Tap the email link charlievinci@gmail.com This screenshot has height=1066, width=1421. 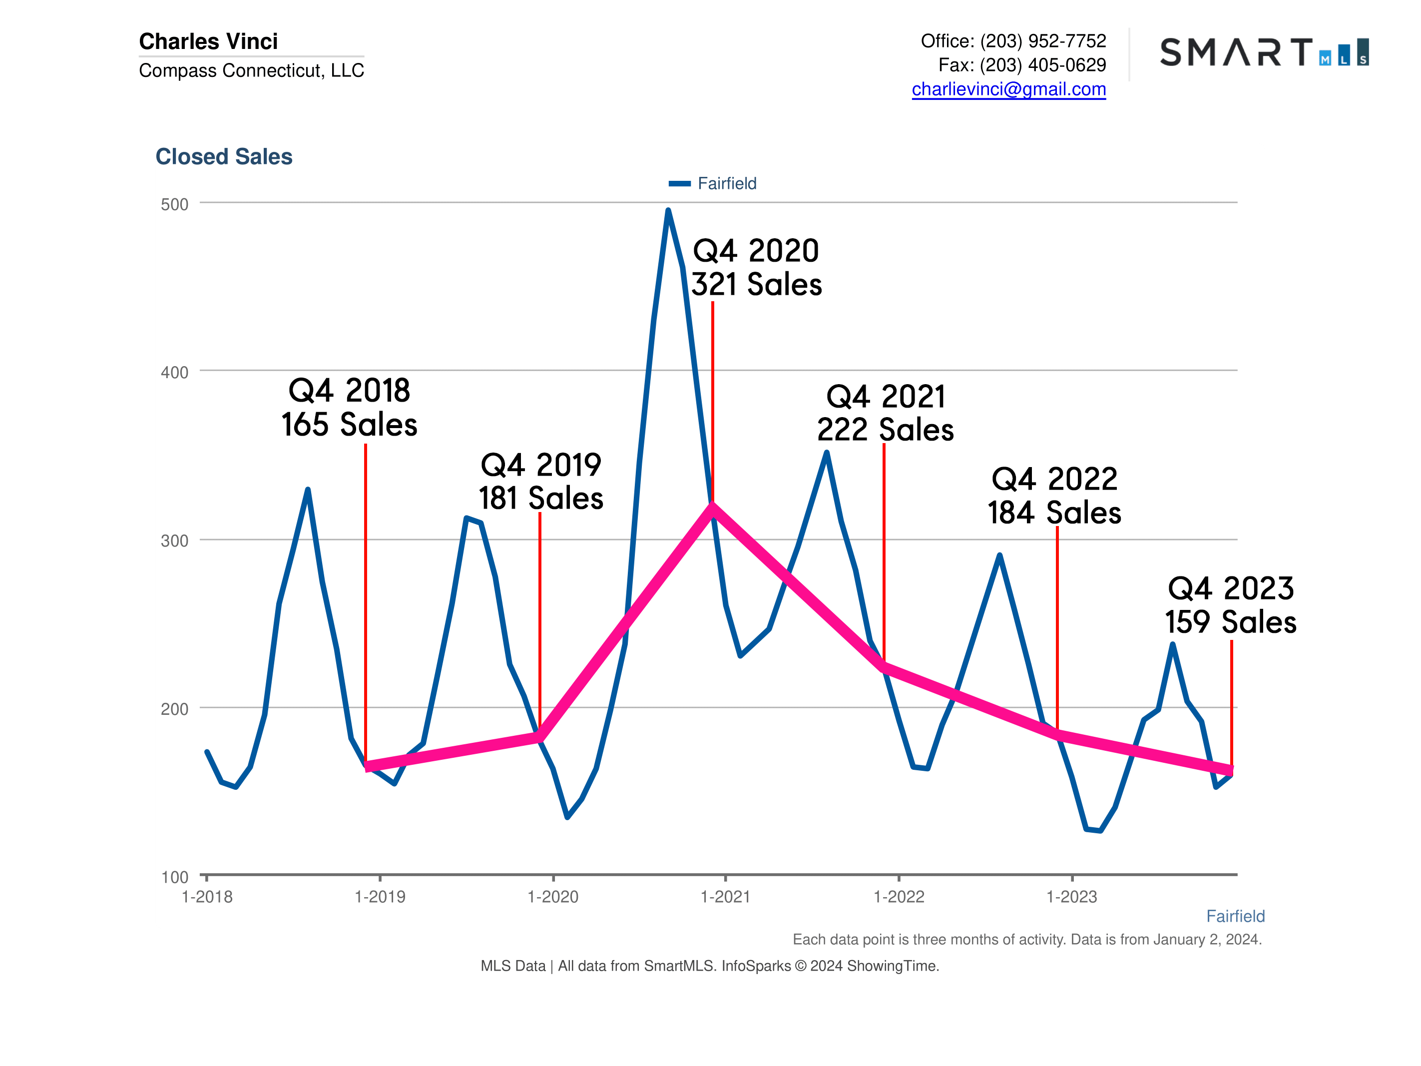point(1008,89)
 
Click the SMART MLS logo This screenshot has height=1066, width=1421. point(1264,52)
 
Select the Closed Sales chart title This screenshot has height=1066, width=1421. point(224,157)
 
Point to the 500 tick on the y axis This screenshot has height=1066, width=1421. point(174,204)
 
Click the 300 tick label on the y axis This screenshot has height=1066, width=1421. point(174,541)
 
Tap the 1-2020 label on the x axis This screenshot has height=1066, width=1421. point(552,896)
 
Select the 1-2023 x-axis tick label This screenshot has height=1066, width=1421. point(1071,896)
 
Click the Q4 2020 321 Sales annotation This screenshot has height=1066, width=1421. point(756,267)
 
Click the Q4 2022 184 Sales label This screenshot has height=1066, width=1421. point(1054,496)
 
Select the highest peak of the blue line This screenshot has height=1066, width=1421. point(668,211)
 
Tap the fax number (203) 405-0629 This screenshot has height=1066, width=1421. point(1042,65)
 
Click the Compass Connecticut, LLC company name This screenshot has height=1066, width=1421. point(251,70)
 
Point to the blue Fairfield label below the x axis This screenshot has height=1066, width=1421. point(1235,916)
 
